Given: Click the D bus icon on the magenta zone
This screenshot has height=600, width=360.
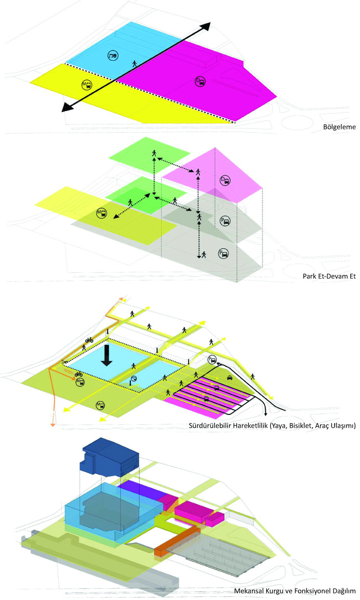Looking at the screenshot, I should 200,81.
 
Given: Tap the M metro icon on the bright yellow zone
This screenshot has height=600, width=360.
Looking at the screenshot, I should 87,85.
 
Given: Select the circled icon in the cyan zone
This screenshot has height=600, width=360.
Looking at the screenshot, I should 113,55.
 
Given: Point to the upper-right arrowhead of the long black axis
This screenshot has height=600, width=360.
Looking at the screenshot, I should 205,28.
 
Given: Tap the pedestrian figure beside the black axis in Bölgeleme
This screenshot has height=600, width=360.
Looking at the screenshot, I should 135,64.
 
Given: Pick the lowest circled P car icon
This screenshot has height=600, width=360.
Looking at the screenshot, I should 223,253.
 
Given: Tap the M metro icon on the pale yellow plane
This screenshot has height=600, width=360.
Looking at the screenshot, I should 101,213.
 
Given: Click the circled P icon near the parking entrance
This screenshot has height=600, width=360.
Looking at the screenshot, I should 212,360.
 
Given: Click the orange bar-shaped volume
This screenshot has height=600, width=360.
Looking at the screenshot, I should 176,540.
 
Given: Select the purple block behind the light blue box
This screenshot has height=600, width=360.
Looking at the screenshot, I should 139,490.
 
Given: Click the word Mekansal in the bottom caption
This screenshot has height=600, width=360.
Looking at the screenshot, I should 250,591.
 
